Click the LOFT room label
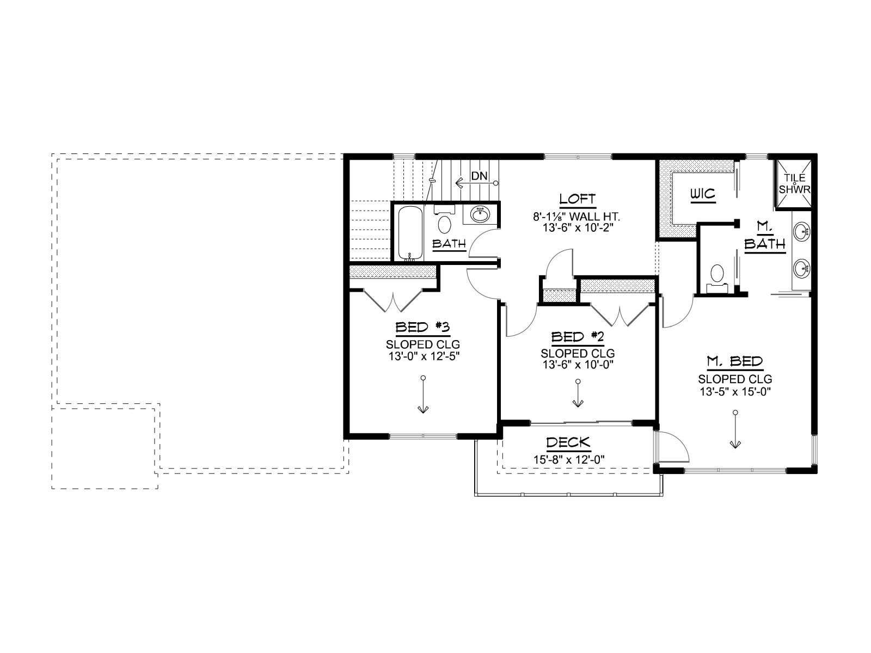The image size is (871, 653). click(578, 199)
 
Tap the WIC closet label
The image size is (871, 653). click(703, 194)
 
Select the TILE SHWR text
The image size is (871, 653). click(794, 183)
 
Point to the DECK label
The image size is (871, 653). click(568, 442)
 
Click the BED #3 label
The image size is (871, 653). click(422, 327)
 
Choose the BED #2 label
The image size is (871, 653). click(578, 337)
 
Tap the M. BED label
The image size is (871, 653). click(735, 361)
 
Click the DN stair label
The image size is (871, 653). click(479, 176)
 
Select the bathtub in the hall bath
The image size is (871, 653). click(410, 233)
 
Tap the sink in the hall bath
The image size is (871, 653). click(480, 214)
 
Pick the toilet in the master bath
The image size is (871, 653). click(716, 278)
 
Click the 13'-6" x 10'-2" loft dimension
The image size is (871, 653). click(578, 227)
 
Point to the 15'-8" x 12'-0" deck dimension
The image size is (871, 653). click(569, 459)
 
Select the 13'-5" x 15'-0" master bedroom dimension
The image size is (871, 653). click(735, 391)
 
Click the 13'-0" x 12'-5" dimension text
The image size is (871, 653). click(424, 356)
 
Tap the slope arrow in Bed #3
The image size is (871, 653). click(423, 395)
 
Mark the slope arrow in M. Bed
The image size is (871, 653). click(735, 430)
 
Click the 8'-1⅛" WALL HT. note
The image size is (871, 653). click(576, 217)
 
